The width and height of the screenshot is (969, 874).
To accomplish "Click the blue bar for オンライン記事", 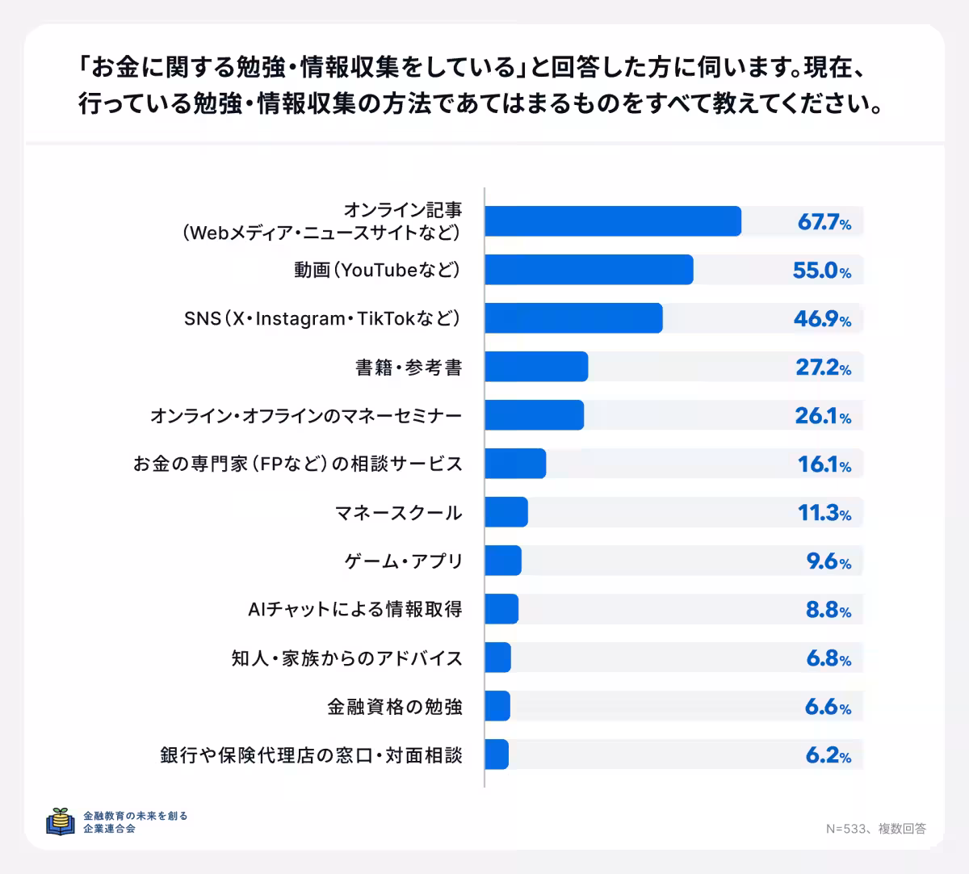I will click(612, 221).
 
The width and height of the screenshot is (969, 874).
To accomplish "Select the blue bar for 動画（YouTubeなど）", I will click(589, 270).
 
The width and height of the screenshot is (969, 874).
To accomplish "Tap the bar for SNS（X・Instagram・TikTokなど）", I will click(573, 318).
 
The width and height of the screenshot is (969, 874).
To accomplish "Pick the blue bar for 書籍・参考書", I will click(536, 367).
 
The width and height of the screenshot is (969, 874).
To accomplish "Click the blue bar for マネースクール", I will click(506, 512).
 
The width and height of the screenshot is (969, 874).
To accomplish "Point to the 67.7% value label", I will click(824, 222).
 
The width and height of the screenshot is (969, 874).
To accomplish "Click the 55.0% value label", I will click(821, 271).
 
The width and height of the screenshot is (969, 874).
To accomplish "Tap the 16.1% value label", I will click(824, 464).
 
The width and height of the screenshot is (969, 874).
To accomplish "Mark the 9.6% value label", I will click(828, 561).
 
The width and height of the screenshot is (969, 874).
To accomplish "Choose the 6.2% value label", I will click(828, 755).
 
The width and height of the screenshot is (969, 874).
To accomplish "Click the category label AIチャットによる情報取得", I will click(354, 609).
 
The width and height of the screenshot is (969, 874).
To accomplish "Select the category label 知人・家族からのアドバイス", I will click(346, 658).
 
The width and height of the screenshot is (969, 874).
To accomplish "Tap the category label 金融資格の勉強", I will click(394, 707).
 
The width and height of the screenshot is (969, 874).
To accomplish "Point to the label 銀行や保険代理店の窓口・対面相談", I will click(311, 755).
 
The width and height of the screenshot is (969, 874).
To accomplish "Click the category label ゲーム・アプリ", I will click(403, 561).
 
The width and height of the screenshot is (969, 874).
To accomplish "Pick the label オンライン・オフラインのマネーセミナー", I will click(306, 416).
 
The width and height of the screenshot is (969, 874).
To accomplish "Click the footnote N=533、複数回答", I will click(875, 828).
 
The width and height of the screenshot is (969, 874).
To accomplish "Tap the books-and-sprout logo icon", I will click(61, 821).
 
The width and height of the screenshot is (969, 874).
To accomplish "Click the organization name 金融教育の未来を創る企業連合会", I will click(135, 821).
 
